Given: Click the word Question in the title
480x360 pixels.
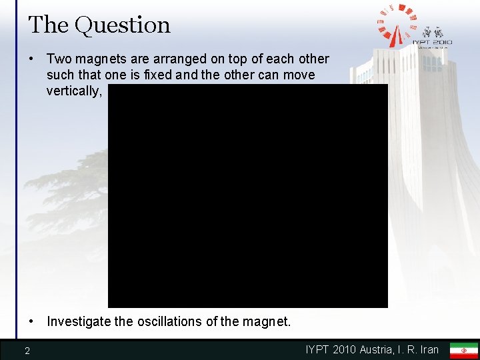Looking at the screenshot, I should click(123, 25).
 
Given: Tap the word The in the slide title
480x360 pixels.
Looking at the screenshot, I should click(48, 25).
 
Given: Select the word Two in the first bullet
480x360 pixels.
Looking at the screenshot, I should click(58, 59).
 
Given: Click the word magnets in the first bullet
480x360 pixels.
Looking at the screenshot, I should click(98, 59).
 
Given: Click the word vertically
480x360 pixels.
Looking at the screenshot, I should click(73, 91).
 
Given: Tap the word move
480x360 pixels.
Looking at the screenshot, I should click(299, 75).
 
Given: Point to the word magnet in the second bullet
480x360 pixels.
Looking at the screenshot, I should click(268, 321).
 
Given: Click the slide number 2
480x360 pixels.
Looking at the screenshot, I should click(27, 351).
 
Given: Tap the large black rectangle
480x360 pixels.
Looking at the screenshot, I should click(248, 195).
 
